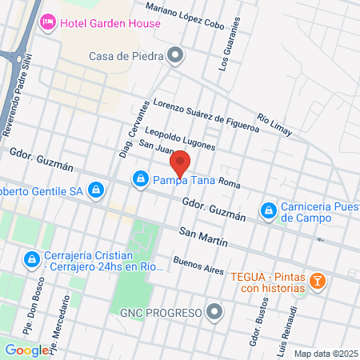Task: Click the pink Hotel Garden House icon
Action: (47, 21)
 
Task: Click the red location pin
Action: (181, 163)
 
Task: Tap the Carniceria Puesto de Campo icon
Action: (268, 211)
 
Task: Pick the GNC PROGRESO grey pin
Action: (214, 312)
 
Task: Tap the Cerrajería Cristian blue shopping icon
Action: (31, 260)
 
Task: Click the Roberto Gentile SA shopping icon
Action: (96, 190)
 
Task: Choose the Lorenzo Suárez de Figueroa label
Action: (206, 115)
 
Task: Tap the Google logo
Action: (26, 350)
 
